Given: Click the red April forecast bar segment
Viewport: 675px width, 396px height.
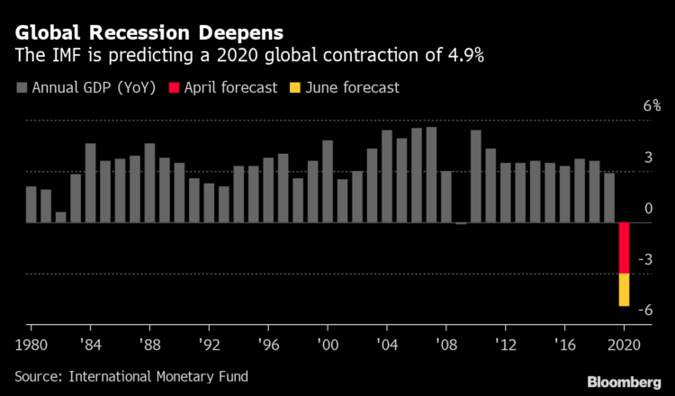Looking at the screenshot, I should tap(623, 247).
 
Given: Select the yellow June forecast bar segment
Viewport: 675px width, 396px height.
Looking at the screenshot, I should tap(623, 290).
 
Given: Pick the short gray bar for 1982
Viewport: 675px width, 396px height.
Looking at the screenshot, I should tap(60, 217).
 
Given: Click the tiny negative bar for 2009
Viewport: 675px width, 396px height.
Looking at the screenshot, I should tap(461, 223).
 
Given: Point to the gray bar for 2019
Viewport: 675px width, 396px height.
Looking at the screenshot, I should tap(608, 198).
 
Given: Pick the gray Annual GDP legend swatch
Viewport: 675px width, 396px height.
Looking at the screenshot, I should tap(21, 87).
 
